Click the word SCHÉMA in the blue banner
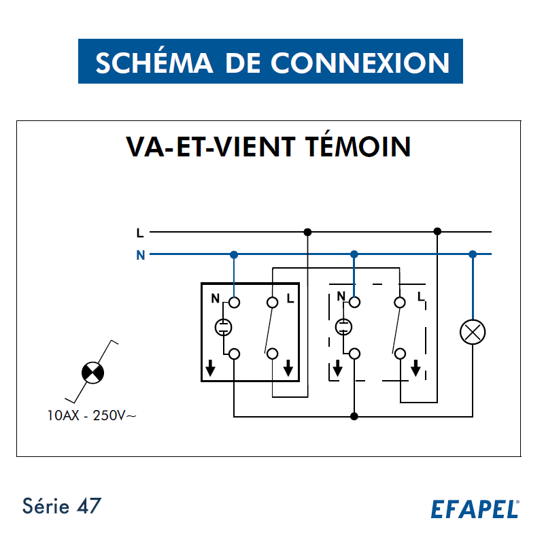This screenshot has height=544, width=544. click(154, 63)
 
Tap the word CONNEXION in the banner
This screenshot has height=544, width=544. click(360, 63)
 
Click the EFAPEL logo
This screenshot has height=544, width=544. click(475, 509)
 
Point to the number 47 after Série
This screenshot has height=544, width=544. click(89, 505)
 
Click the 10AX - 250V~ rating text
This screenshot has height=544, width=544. click(92, 415)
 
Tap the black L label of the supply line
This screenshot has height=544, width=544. click(140, 233)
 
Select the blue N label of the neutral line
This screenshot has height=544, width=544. click(141, 255)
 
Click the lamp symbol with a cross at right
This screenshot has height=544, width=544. click(473, 332)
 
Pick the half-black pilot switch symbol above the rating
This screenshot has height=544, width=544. click(92, 373)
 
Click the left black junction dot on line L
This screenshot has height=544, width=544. click(307, 232)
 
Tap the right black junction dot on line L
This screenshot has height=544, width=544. click(437, 231)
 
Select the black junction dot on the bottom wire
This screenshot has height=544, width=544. click(354, 416)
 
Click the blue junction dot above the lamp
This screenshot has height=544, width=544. click(473, 254)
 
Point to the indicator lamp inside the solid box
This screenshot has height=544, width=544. click(224, 327)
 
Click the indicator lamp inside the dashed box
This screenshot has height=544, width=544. click(343, 327)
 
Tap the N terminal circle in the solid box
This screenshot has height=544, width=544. click(234, 303)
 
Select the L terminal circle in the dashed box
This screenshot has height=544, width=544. click(400, 303)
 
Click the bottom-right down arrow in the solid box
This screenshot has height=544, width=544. click(288, 368)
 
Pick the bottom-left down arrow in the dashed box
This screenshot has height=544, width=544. click(337, 368)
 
